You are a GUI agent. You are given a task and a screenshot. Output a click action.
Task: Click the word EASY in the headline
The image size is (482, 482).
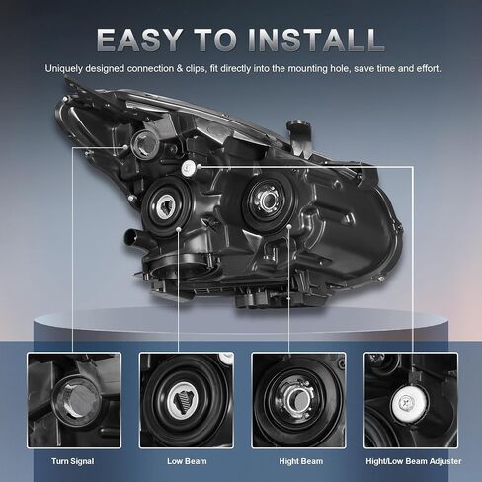(139, 40)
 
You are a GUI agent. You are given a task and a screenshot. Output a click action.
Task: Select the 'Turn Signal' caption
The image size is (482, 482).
(73, 461)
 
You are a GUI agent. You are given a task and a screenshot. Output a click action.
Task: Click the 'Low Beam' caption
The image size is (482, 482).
(187, 461)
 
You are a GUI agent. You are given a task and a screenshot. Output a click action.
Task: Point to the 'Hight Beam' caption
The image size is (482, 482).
(301, 461)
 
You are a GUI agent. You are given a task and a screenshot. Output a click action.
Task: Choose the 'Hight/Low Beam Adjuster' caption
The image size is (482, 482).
(414, 461)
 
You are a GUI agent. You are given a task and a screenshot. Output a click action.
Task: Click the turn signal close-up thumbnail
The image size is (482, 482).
(74, 400)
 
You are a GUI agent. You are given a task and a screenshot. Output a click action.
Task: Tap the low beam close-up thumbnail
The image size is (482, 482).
(187, 400)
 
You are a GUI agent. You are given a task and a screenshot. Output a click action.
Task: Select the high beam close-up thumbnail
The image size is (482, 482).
(298, 400)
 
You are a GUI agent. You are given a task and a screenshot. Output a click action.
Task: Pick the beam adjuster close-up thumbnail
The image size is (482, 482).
(411, 400)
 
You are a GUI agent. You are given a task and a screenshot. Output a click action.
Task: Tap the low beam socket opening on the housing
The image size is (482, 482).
(166, 206)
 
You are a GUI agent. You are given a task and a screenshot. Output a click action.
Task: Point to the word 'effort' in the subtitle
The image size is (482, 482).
(428, 69)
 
